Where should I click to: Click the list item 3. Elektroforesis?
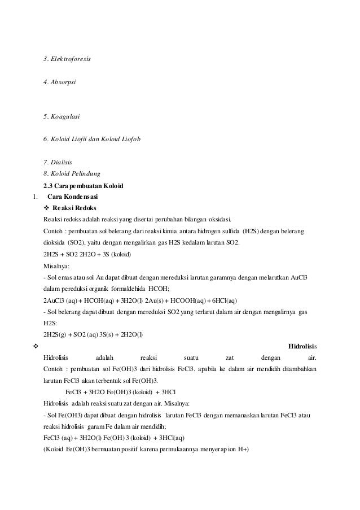67,59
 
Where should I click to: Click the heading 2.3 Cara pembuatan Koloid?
84,186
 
